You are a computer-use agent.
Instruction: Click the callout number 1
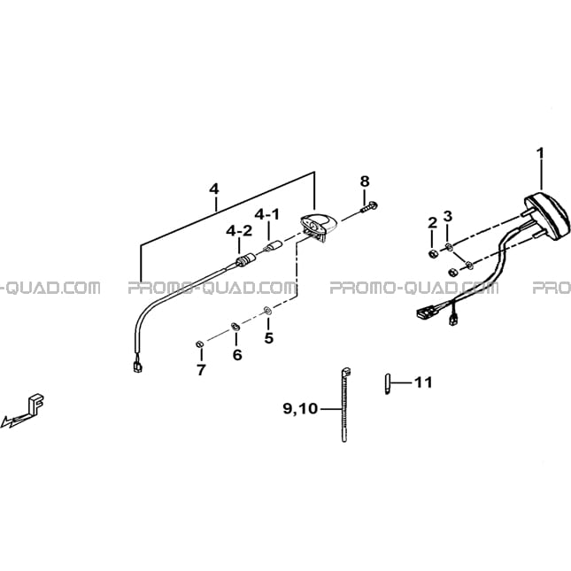click(540, 153)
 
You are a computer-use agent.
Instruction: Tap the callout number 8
click(365, 181)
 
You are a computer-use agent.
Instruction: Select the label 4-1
click(267, 214)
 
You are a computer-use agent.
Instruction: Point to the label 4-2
click(239, 230)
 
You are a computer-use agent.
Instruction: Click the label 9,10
click(300, 409)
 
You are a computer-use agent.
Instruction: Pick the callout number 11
click(423, 382)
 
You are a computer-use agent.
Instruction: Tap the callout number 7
click(201, 370)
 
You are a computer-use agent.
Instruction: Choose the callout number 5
click(268, 338)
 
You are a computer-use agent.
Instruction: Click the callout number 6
click(237, 354)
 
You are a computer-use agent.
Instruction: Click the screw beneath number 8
click(369, 207)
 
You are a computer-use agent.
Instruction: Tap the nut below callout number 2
click(433, 253)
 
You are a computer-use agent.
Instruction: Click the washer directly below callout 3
click(449, 248)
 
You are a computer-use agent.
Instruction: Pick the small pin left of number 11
click(388, 384)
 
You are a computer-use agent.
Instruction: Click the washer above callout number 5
click(267, 311)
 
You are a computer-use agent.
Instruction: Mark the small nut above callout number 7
click(199, 344)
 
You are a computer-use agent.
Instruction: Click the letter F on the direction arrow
click(35, 403)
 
